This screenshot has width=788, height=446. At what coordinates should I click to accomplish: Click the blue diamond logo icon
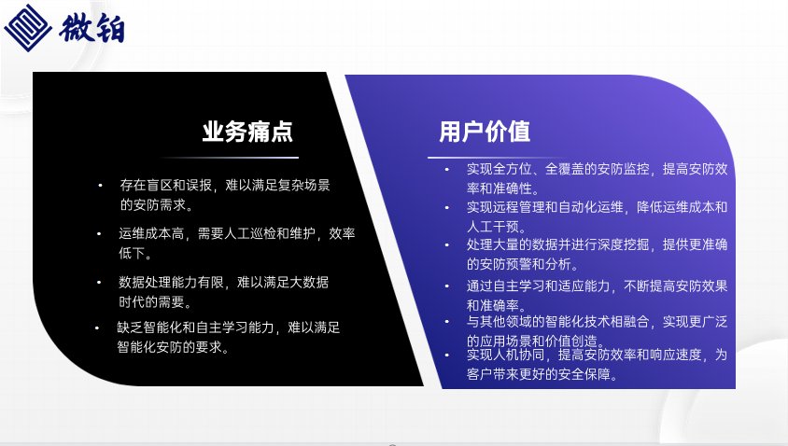28,28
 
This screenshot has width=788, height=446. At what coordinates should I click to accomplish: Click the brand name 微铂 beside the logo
91,28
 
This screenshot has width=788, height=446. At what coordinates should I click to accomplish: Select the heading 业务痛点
247,132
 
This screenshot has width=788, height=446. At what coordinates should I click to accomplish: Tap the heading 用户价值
485,132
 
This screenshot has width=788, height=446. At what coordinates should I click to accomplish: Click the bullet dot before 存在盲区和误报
100,186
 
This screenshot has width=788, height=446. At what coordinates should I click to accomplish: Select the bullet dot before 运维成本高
99,233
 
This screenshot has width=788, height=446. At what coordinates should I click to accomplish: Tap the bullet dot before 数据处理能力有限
99,283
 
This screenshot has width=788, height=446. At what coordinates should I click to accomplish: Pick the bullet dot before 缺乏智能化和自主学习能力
97,328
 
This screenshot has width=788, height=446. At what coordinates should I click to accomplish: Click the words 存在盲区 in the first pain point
146,186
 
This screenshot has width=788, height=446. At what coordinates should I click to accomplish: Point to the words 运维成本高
151,233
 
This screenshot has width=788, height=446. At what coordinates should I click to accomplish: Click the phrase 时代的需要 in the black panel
151,302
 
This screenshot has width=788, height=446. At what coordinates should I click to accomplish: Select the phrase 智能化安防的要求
169,347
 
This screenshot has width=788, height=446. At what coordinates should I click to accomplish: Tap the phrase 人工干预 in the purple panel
493,227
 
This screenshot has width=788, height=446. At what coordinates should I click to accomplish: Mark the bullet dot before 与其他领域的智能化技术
447,322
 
